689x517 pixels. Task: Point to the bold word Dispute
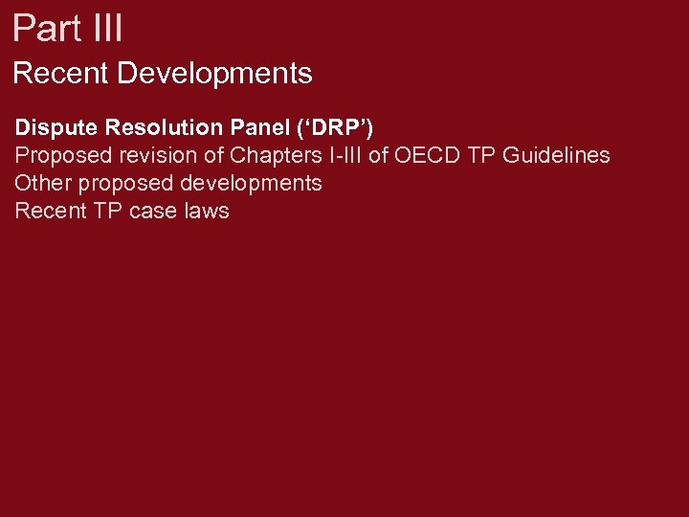pos(56,128)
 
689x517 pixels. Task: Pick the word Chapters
pos(274,155)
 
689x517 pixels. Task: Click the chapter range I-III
pos(344,155)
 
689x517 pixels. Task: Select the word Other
pos(40,183)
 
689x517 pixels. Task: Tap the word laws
pos(208,211)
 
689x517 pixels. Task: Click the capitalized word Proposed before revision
pos(58,155)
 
